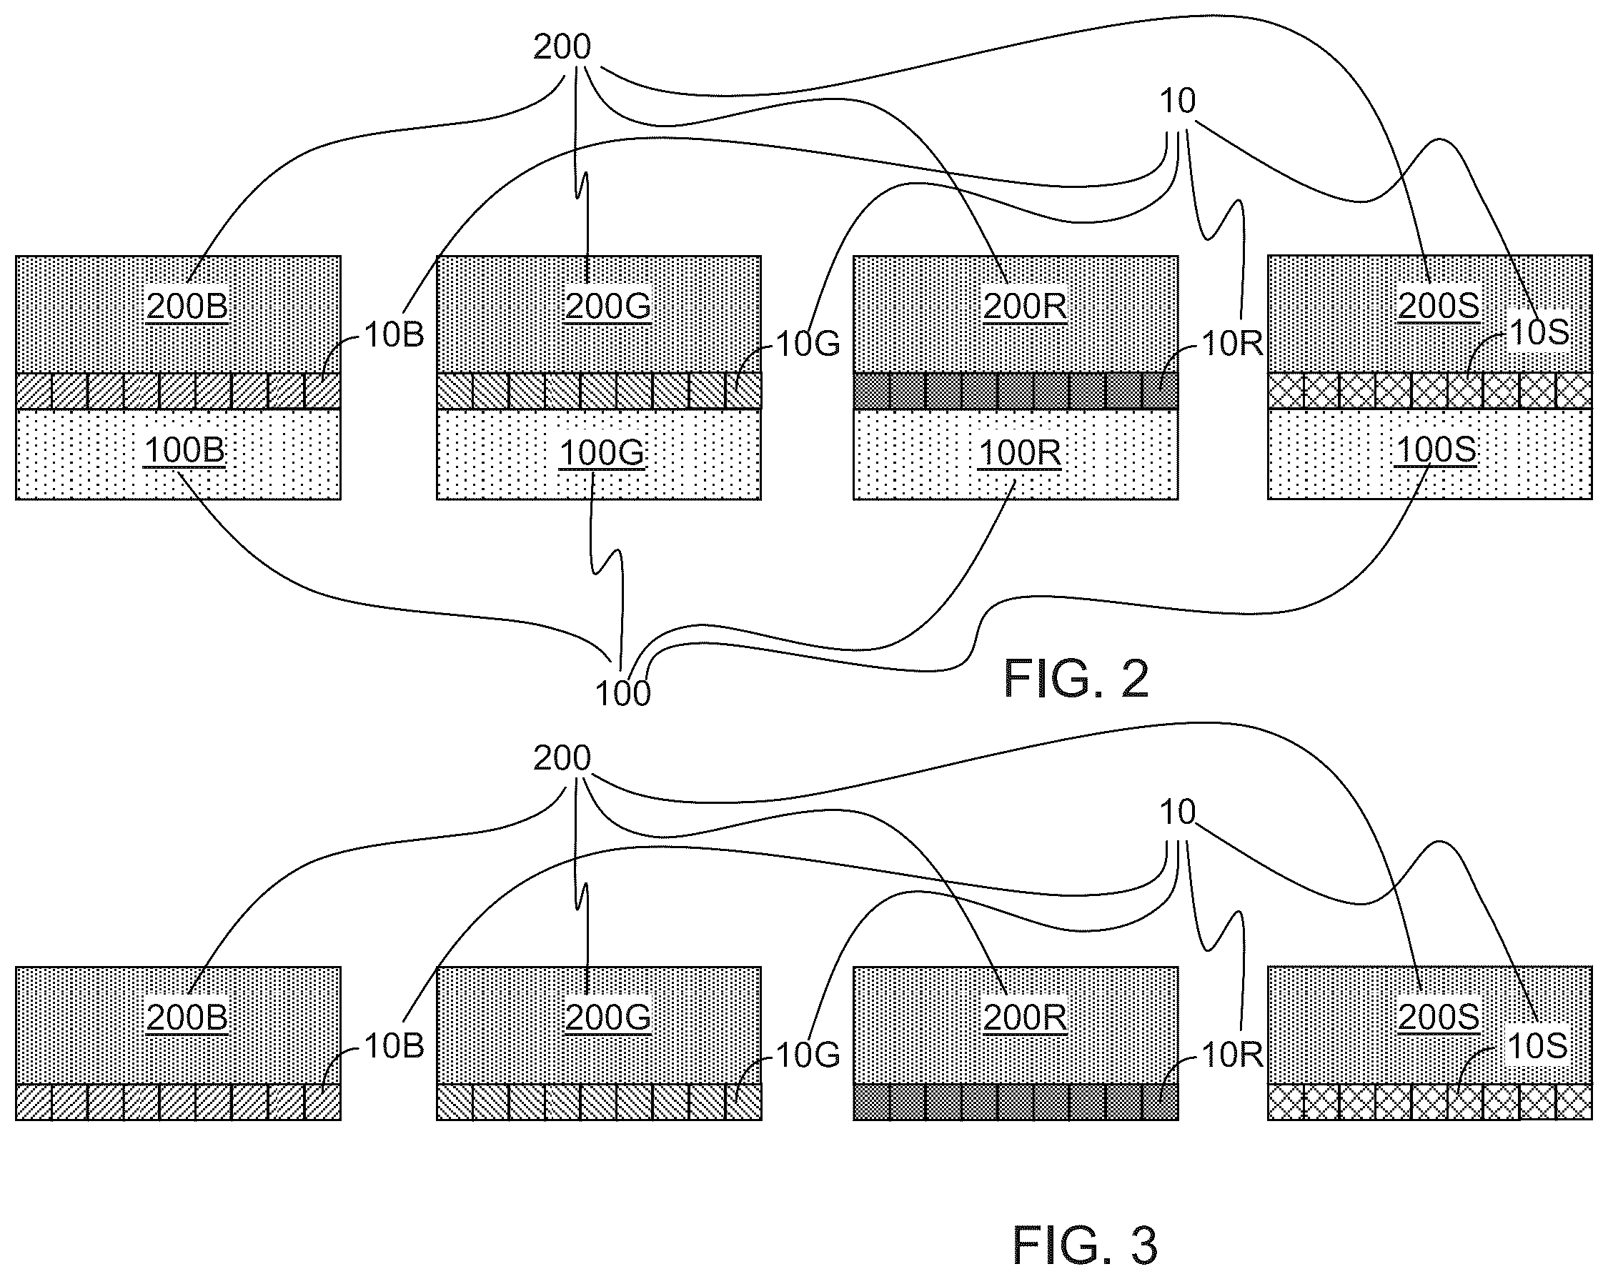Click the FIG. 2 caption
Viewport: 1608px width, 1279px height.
[1076, 678]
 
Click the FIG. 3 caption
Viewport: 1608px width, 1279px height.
[1084, 1245]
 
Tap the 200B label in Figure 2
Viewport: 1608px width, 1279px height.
[187, 307]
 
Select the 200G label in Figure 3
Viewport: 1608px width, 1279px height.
[608, 1018]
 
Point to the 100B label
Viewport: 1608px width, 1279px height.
[184, 450]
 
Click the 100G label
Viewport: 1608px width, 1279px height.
[602, 453]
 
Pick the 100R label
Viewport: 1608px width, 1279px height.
[1020, 453]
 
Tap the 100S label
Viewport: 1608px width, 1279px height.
[1436, 449]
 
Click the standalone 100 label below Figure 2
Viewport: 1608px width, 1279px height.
[622, 694]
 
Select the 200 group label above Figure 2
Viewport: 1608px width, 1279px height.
[562, 47]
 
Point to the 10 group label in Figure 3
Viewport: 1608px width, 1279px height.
[1177, 812]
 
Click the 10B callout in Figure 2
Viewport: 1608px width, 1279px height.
[394, 336]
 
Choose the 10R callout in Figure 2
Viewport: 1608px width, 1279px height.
[1232, 344]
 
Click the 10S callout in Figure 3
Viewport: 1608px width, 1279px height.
[1538, 1047]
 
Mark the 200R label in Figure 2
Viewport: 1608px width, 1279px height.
[1025, 307]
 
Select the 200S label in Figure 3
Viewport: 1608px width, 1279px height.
[1439, 1018]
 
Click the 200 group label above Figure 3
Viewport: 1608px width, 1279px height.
[562, 758]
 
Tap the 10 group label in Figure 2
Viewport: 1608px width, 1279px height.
[1177, 101]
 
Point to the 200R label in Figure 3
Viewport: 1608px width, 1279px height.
[1025, 1018]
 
